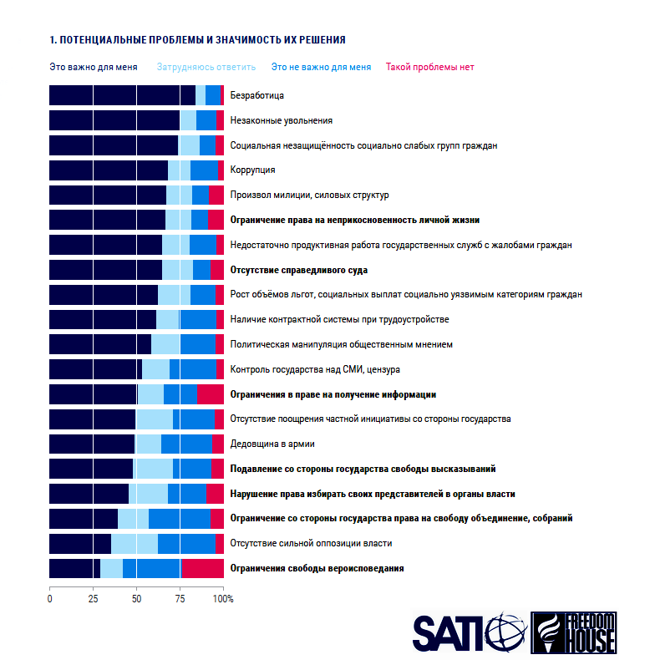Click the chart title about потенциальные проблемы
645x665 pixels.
tap(197, 39)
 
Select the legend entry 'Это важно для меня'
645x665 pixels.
tap(92, 67)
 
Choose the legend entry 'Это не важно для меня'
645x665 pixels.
tap(321, 67)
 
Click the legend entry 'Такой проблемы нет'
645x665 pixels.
tap(429, 67)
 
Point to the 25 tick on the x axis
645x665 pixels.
tap(93, 599)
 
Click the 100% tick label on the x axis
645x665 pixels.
tap(223, 599)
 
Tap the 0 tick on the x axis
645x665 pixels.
tap(50, 599)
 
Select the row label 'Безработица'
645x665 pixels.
tap(256, 95)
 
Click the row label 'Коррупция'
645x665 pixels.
tap(252, 170)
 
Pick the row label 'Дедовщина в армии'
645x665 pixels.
tap(272, 444)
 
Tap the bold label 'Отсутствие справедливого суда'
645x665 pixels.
tap(298, 270)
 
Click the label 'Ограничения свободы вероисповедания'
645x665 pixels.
tap(317, 568)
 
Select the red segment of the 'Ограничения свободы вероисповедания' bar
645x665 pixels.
tap(202, 568)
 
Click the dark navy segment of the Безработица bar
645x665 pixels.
tap(122, 95)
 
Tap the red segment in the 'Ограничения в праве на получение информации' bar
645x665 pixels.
tap(210, 393)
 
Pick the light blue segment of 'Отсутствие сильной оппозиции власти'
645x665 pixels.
tap(135, 543)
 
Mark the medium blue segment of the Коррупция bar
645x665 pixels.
tap(204, 170)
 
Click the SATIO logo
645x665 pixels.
tap(468, 632)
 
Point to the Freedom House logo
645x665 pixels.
tap(574, 632)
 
